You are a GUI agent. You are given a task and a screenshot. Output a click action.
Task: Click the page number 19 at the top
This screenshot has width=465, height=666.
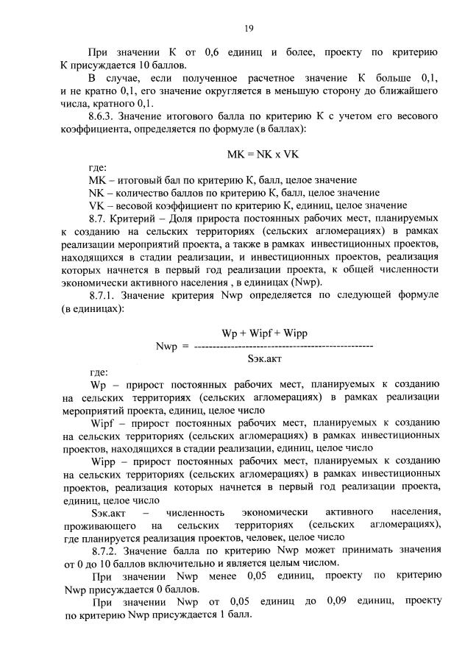tap(249, 28)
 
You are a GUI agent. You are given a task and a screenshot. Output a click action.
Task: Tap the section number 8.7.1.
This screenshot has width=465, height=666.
tap(104, 294)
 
